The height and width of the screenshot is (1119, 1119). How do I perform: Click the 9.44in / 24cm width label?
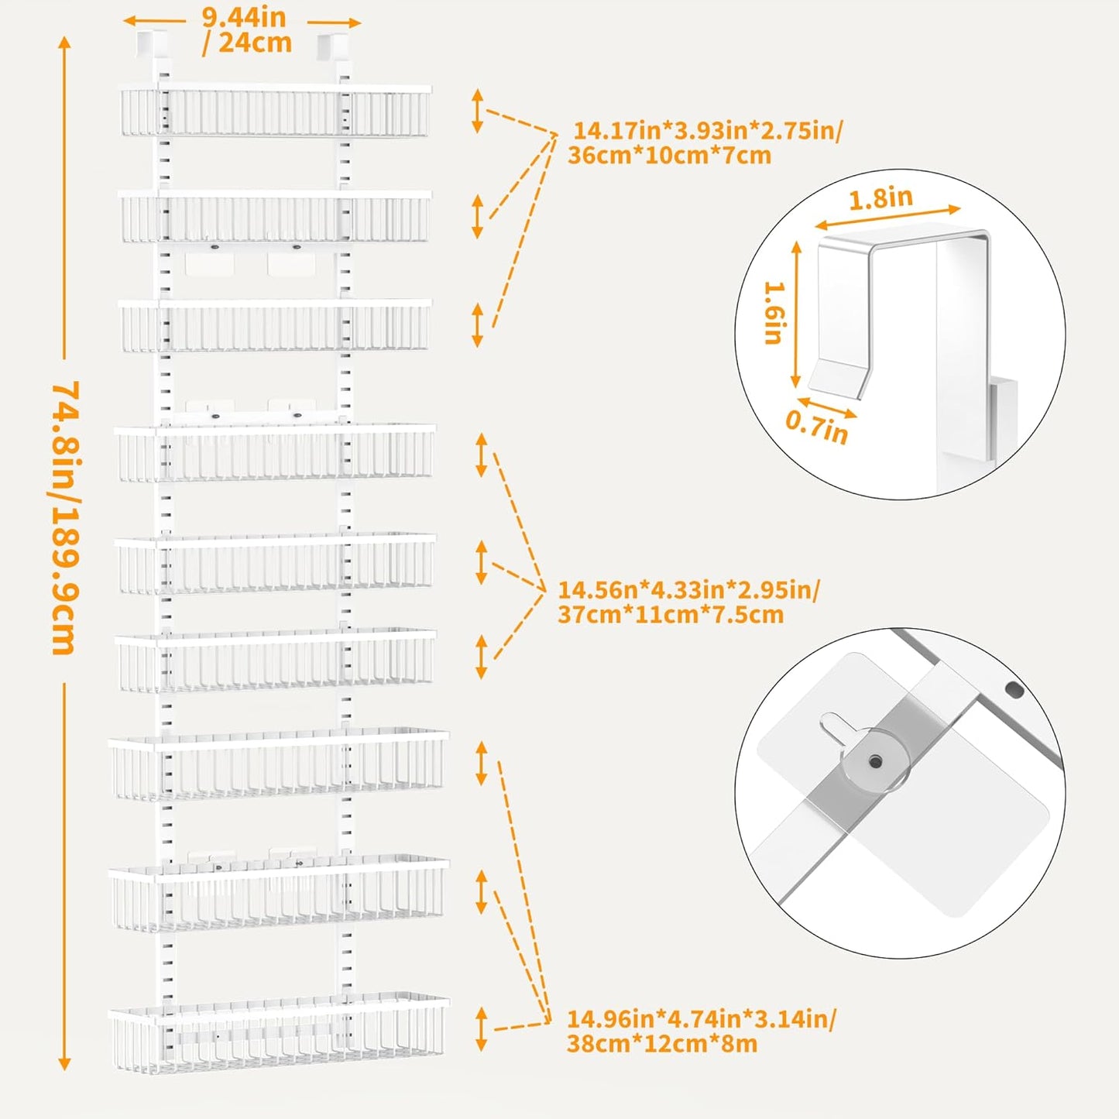click(x=245, y=30)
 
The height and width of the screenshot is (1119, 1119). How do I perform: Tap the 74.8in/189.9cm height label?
click(x=65, y=517)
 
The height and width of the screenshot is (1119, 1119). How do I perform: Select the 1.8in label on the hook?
click(x=880, y=199)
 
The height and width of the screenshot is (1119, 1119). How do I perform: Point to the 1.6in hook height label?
click(x=774, y=312)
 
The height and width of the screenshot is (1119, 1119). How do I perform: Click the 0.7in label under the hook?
click(x=816, y=426)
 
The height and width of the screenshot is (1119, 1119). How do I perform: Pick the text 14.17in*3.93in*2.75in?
click(x=707, y=130)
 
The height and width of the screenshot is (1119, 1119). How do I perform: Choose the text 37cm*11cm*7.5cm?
click(x=671, y=615)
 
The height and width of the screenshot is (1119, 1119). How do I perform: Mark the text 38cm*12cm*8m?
click(x=661, y=1043)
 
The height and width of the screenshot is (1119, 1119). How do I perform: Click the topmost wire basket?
click(x=275, y=112)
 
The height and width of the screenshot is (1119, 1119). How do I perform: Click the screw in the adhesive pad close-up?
click(x=876, y=762)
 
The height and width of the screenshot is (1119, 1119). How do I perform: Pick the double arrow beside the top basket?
click(x=478, y=111)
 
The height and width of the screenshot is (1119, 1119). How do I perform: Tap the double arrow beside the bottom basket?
click(x=482, y=1028)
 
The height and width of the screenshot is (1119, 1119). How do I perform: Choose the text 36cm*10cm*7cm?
click(x=669, y=156)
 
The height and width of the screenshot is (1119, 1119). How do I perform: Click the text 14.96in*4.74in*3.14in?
click(x=701, y=1018)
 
